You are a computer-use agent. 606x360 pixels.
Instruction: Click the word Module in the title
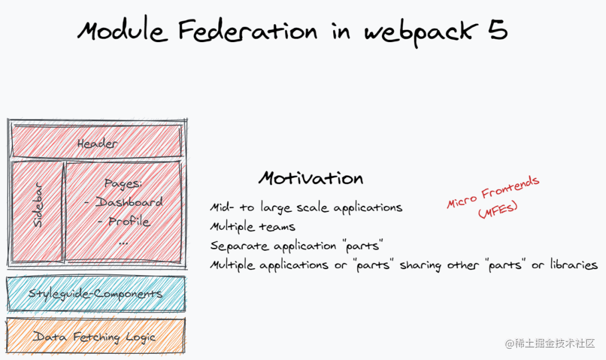pos(122,30)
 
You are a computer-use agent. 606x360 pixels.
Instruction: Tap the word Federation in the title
pos(248,30)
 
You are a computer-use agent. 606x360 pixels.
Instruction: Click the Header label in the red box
pos(98,144)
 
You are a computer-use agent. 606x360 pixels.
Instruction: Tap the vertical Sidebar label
pos(38,205)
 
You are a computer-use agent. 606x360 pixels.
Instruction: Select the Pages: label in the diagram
pos(123,183)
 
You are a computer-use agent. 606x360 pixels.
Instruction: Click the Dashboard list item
pos(123,202)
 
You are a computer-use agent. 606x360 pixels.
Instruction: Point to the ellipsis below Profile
pos(123,243)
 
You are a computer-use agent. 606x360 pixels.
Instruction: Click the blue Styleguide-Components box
pos(96,294)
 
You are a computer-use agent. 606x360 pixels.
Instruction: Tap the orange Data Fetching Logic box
pos(96,335)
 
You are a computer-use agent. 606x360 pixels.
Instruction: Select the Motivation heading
pos(311,178)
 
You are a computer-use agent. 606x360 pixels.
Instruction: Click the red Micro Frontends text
pos(493,192)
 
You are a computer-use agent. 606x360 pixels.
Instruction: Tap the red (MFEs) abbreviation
pos(498,210)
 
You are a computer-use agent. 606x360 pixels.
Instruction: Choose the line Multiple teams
pos(252,227)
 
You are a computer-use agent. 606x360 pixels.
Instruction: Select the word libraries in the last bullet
pos(574,265)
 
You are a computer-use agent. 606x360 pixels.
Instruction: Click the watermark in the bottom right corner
pos(550,343)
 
